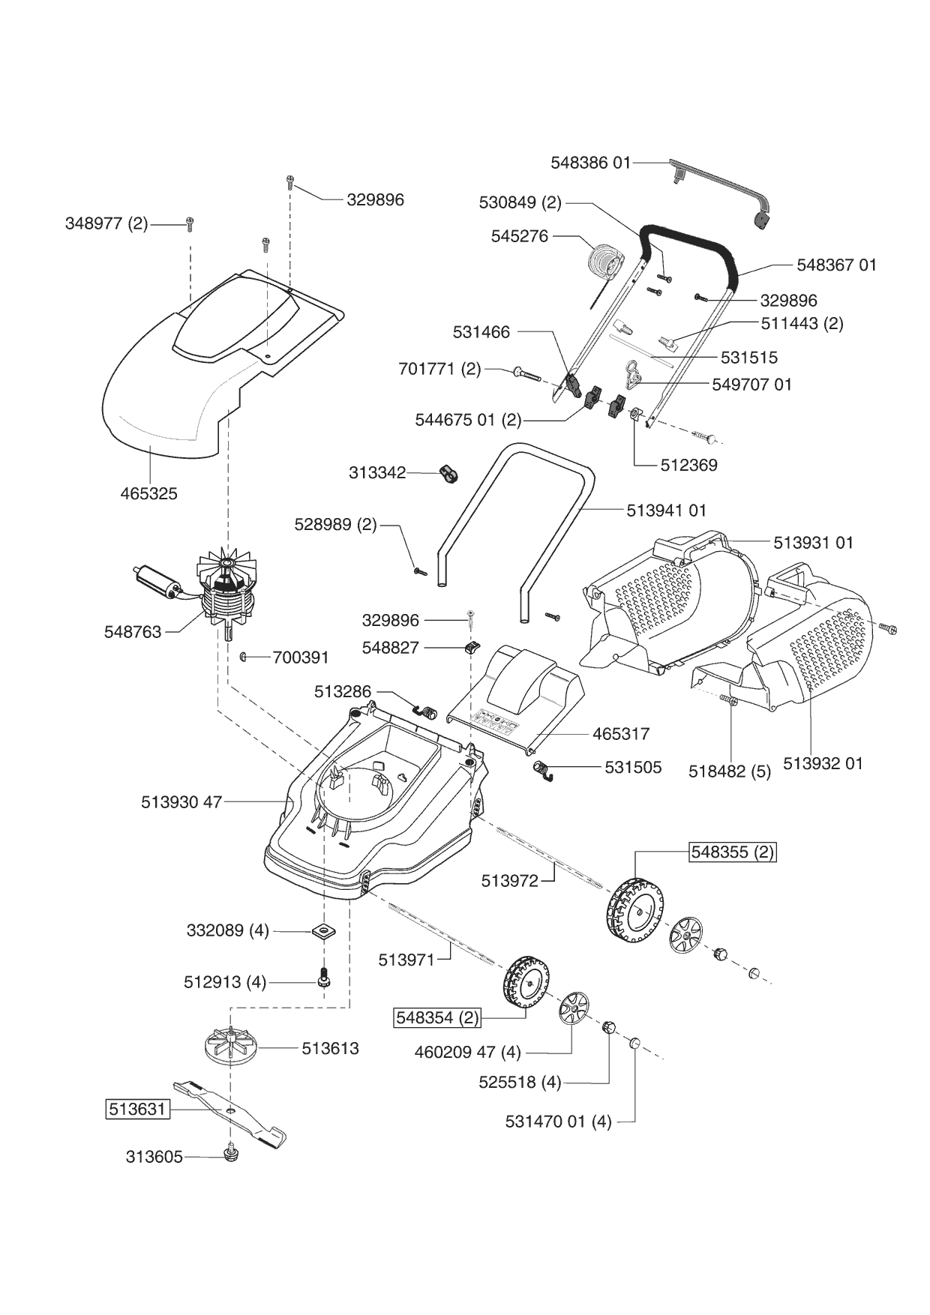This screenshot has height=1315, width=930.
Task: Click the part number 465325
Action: pyautogui.click(x=148, y=493)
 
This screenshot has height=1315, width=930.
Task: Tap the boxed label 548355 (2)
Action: pyautogui.click(x=732, y=852)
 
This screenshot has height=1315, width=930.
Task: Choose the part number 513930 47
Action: pyautogui.click(x=181, y=801)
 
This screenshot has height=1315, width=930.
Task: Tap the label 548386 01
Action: pyautogui.click(x=591, y=162)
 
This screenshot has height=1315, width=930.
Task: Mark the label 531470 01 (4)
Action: pyautogui.click(x=558, y=1122)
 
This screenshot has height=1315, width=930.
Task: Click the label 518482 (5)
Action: pyautogui.click(x=730, y=771)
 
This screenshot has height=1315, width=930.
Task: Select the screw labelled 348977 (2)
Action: pyautogui.click(x=190, y=223)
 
